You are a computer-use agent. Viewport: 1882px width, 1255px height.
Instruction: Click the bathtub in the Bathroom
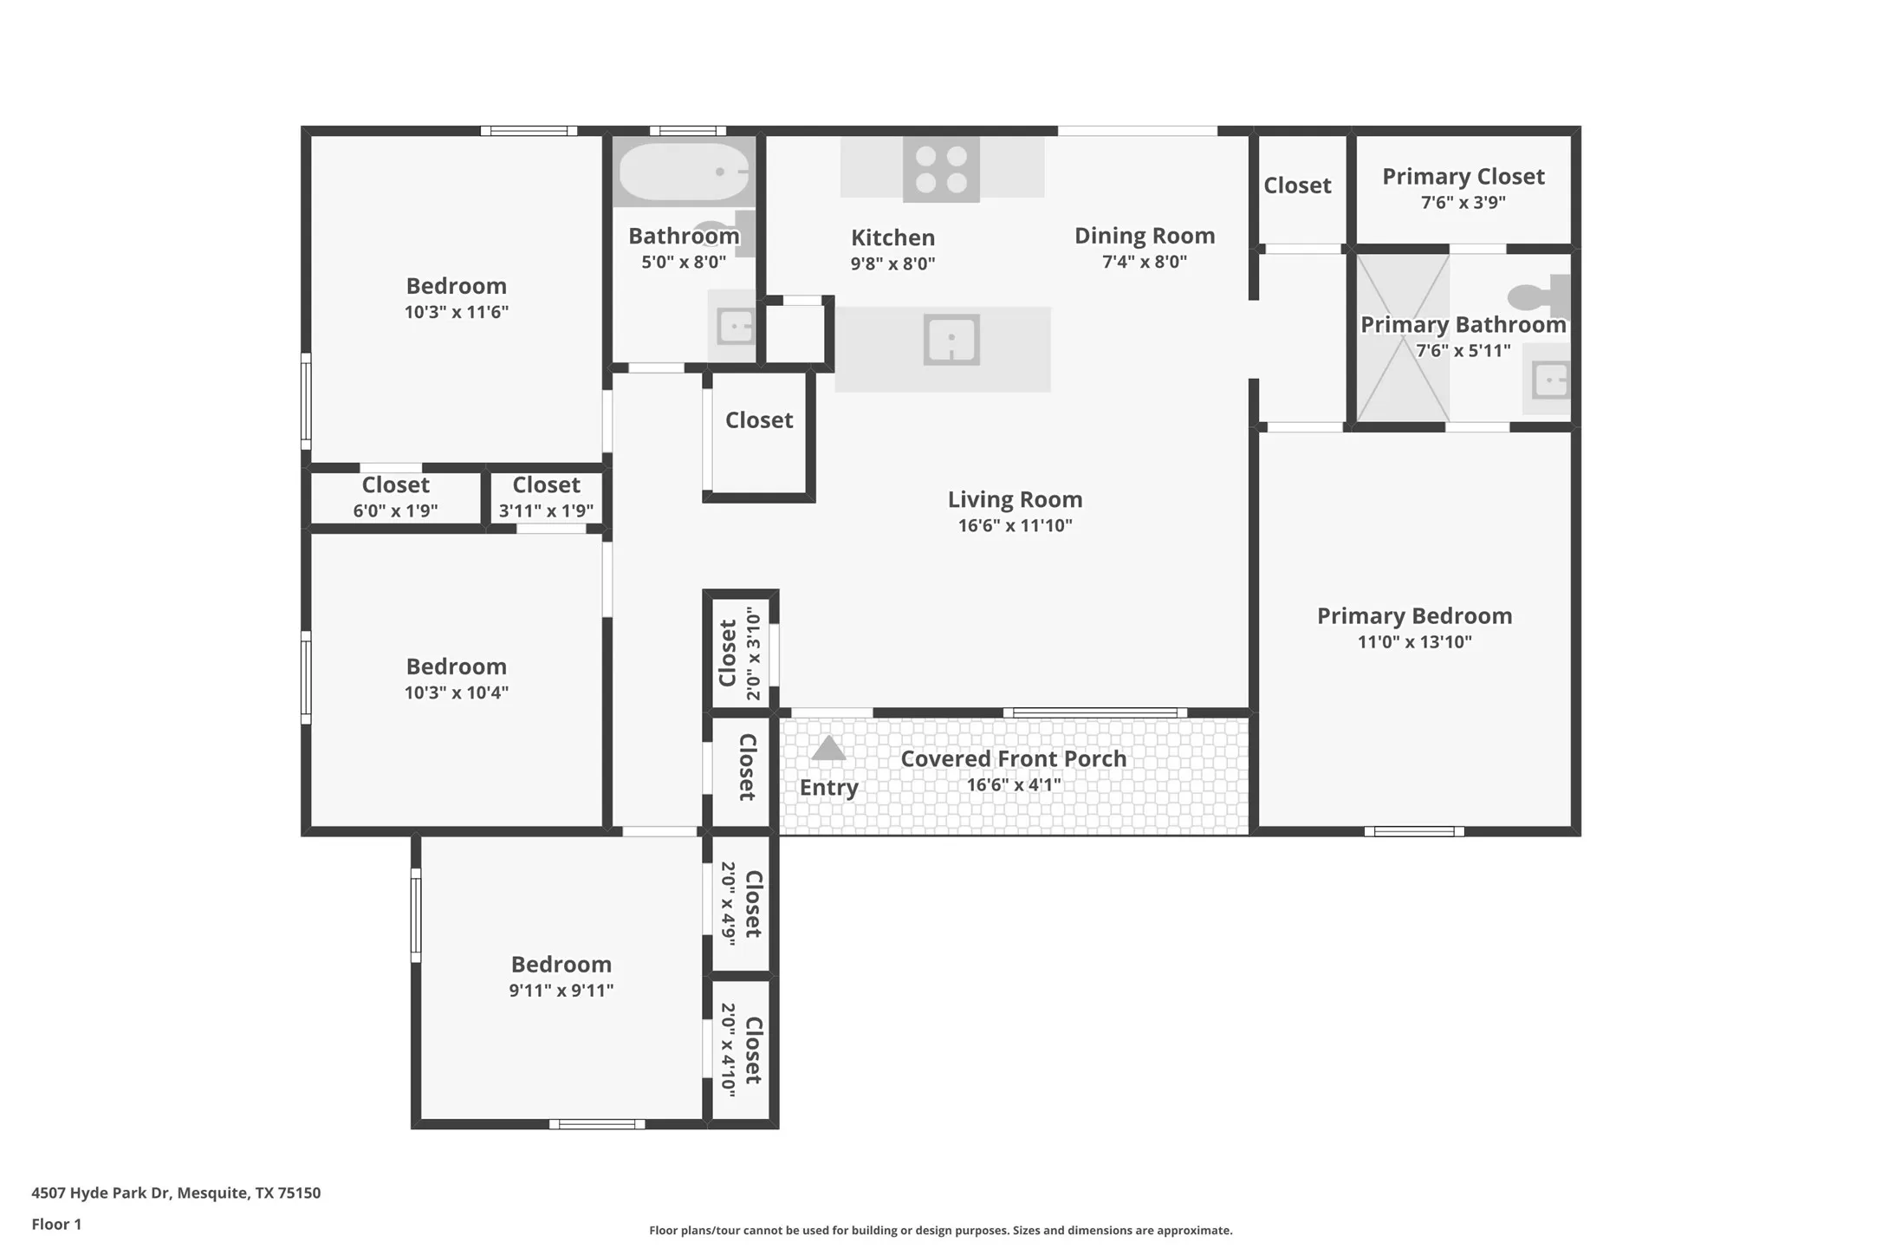pyautogui.click(x=684, y=172)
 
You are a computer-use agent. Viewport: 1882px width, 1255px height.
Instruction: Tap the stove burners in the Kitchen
pyautogui.click(x=941, y=170)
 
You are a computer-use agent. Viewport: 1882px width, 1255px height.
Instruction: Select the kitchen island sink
pyautogui.click(x=951, y=340)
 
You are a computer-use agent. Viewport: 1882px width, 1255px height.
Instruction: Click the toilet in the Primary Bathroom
pyautogui.click(x=1539, y=297)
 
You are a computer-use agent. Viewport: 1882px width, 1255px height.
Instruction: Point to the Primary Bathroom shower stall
pyautogui.click(x=1403, y=338)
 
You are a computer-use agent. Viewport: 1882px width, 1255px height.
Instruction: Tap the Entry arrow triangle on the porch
pyautogui.click(x=828, y=748)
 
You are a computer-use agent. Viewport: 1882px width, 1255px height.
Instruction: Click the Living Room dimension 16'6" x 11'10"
pyautogui.click(x=1015, y=525)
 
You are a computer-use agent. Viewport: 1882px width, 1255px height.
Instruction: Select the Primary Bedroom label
pyautogui.click(x=1414, y=615)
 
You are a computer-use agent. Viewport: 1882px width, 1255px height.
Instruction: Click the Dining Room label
pyautogui.click(x=1145, y=236)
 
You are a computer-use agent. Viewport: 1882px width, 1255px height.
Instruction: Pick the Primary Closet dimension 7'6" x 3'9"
pyautogui.click(x=1463, y=203)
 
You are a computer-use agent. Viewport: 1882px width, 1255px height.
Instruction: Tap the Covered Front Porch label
pyautogui.click(x=1014, y=758)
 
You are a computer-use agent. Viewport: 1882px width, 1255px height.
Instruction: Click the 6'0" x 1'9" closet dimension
pyautogui.click(x=395, y=510)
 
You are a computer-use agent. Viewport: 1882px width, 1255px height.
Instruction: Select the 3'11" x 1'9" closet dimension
pyautogui.click(x=546, y=510)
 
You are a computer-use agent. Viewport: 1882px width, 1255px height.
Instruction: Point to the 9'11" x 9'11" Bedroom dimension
pyautogui.click(x=561, y=990)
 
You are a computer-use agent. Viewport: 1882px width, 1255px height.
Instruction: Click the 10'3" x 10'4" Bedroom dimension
pyautogui.click(x=457, y=693)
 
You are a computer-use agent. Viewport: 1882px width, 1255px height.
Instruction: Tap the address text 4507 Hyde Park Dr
pyautogui.click(x=101, y=1193)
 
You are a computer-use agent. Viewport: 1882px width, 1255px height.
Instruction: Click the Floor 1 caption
pyautogui.click(x=56, y=1224)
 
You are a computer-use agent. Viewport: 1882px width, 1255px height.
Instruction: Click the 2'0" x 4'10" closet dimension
pyautogui.click(x=728, y=1050)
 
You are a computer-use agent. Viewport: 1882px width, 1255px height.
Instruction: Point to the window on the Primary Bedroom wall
pyautogui.click(x=1414, y=831)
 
